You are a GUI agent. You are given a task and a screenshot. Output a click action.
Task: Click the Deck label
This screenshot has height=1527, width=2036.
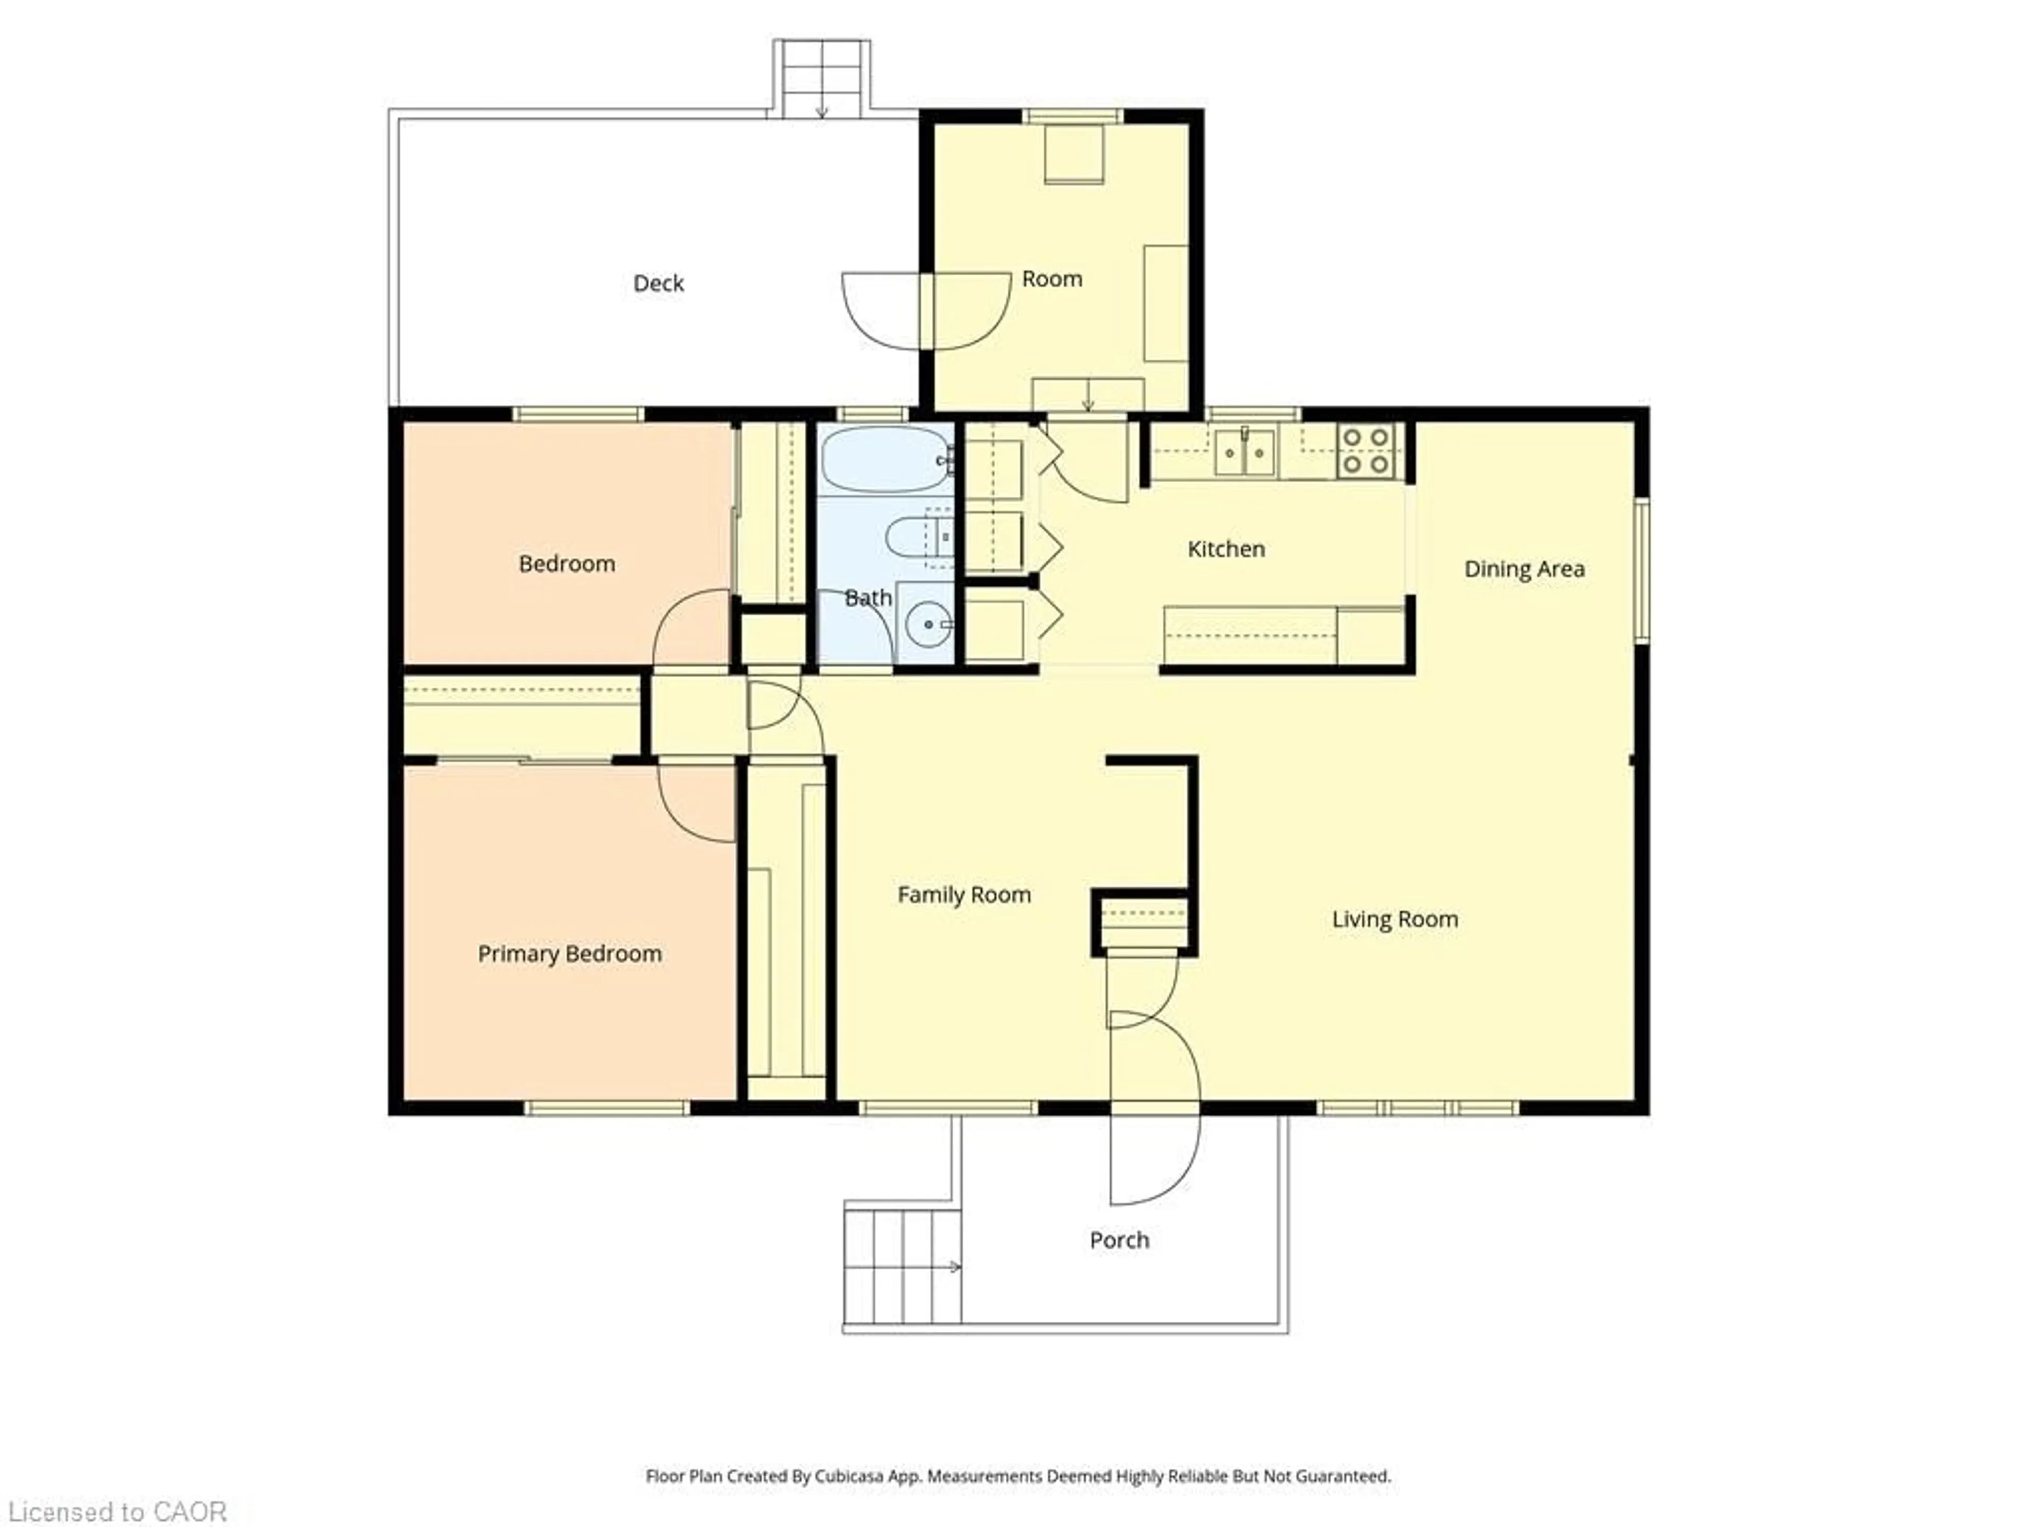[658, 284]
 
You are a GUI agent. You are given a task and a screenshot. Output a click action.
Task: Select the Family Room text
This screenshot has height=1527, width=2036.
[964, 894]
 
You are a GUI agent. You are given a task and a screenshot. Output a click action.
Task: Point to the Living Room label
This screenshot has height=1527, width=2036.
[1394, 919]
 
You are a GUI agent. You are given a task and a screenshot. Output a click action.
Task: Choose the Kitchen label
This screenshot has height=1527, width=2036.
[1225, 549]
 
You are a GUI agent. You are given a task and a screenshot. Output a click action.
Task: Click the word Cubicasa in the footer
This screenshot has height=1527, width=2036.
[849, 1477]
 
